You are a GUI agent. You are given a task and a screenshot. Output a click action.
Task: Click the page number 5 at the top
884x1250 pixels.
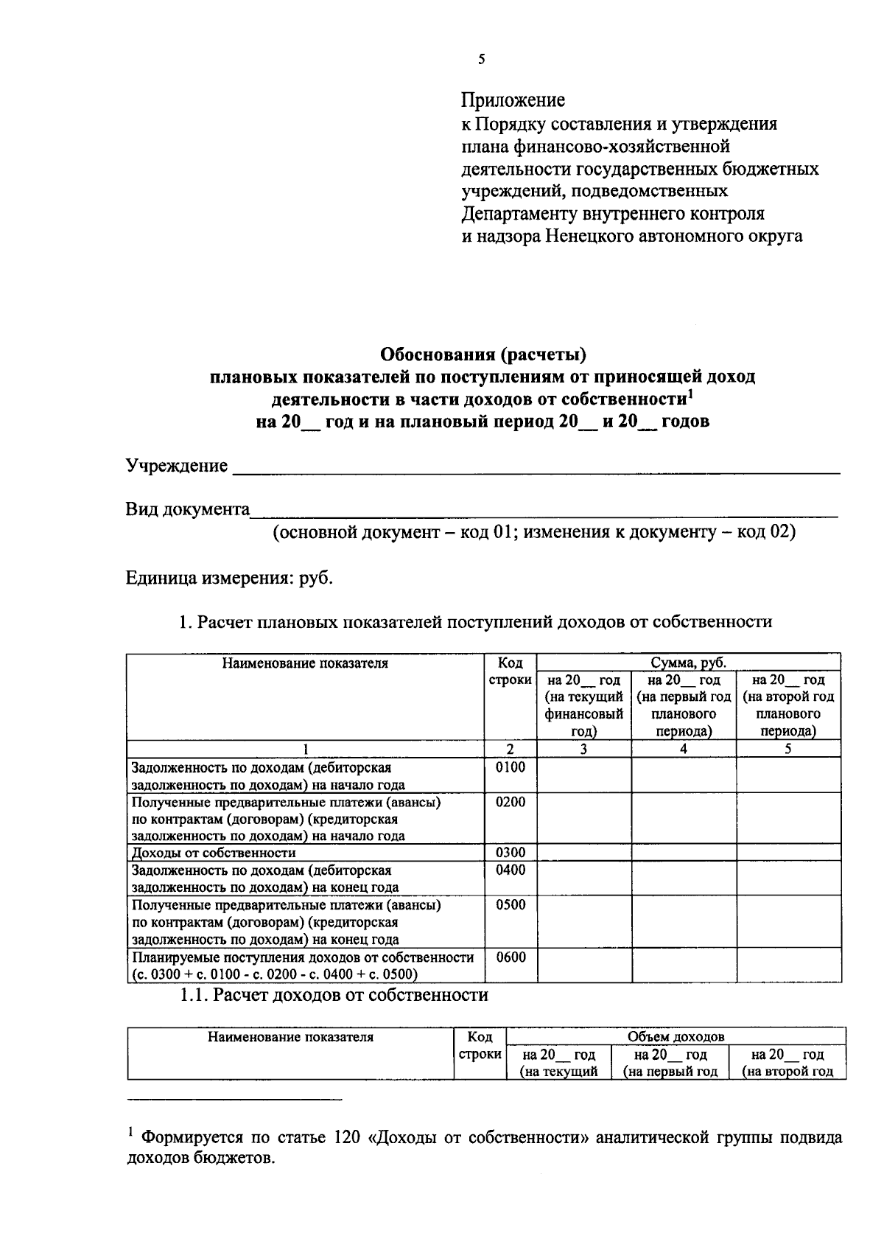[481, 60]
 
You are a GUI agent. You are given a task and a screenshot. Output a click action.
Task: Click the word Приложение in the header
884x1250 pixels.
[513, 100]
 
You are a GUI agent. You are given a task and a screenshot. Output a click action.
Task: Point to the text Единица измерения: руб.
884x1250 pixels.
[229, 578]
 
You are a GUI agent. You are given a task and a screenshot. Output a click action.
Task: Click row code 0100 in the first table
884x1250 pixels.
[511, 768]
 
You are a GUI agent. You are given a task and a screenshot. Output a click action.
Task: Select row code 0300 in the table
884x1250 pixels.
[511, 853]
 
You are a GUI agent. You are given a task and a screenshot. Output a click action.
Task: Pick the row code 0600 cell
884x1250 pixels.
[511, 957]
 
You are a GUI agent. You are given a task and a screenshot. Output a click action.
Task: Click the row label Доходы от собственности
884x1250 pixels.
[214, 853]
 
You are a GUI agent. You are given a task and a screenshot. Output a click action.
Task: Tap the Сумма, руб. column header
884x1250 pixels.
[689, 663]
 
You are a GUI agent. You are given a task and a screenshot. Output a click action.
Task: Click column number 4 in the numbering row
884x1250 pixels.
[684, 750]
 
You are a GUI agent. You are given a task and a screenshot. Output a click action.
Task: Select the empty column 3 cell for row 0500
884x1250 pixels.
[584, 921]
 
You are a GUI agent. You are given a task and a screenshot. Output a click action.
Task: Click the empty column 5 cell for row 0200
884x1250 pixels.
[788, 818]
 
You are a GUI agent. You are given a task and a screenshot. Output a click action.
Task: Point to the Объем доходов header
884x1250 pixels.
[676, 1036]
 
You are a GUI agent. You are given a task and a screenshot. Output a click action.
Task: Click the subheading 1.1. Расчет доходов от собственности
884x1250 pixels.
[334, 996]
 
